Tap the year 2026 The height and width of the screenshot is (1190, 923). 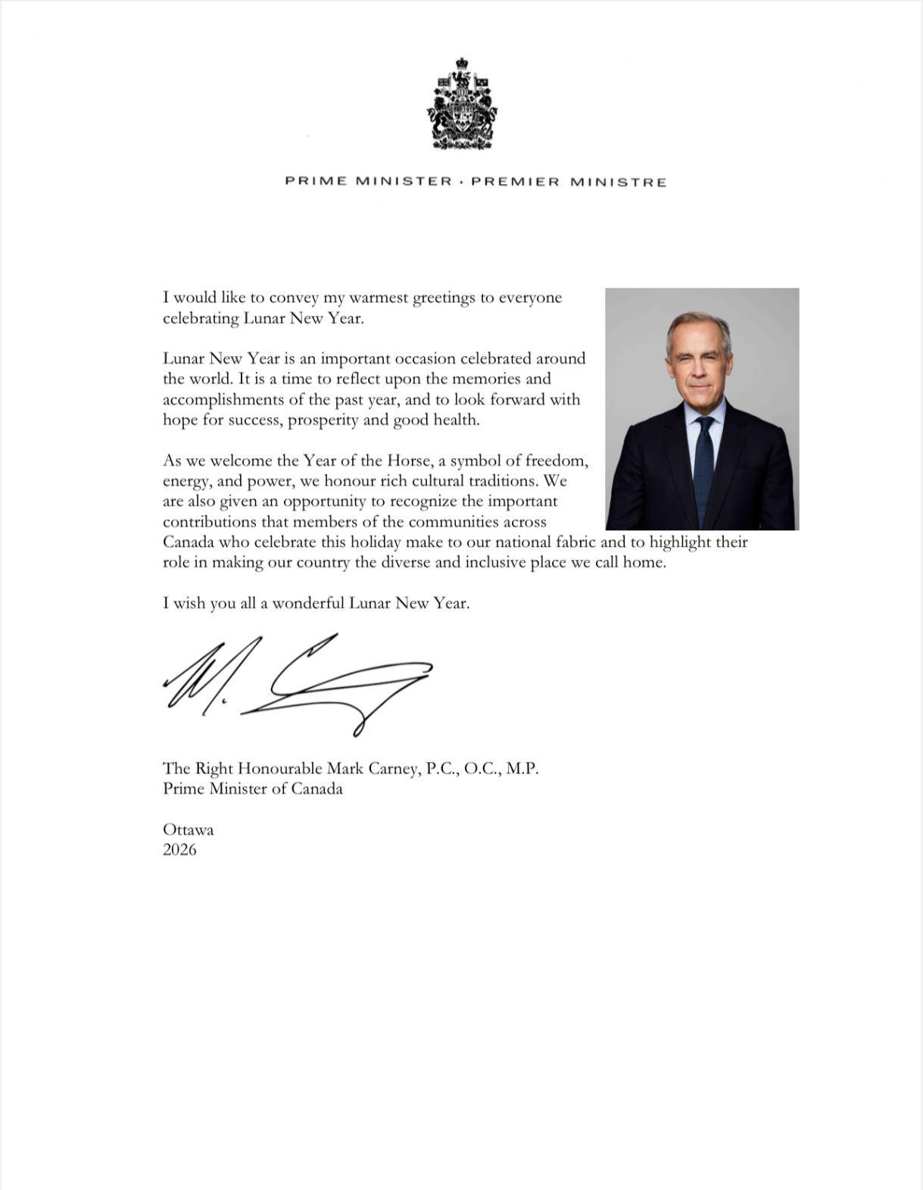tap(179, 850)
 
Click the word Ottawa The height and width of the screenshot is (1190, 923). tap(189, 829)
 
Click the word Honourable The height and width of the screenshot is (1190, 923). tap(280, 769)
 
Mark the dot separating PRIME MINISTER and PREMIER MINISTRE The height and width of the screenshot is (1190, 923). tap(462, 182)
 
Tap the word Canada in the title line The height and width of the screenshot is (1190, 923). tap(317, 789)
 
